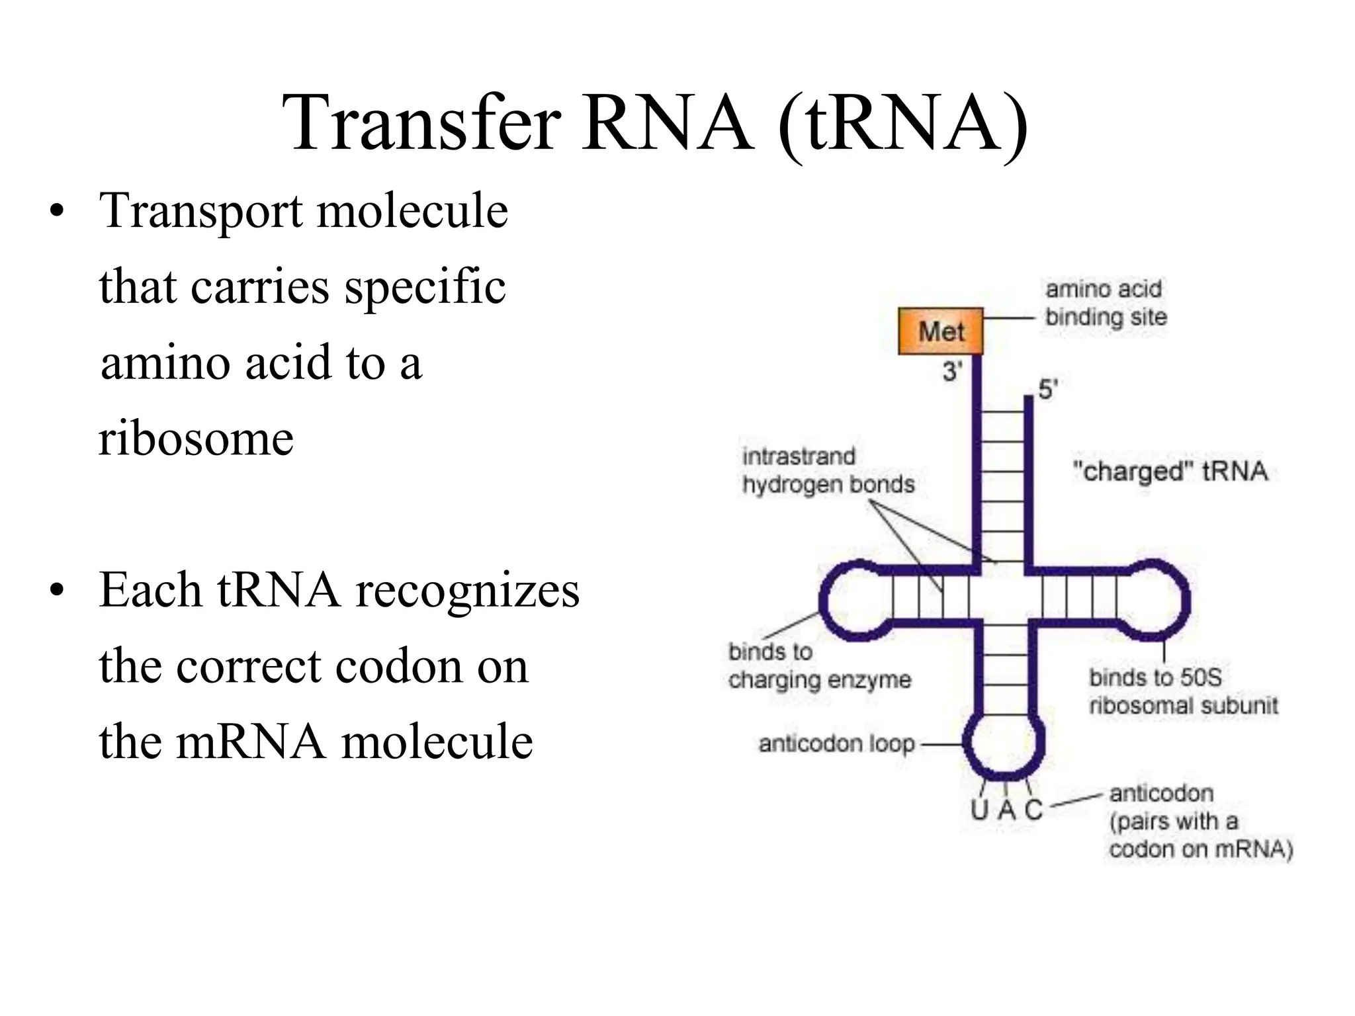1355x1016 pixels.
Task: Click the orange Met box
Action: click(940, 331)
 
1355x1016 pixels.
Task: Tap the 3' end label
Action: click(953, 371)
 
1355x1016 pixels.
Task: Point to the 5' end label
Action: click(1047, 390)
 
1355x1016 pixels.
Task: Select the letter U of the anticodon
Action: click(980, 810)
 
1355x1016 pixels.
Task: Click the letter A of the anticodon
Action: click(1006, 810)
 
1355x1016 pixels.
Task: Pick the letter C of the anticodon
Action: click(1033, 810)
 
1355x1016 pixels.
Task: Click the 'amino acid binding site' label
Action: click(1105, 303)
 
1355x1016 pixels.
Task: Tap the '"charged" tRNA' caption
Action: click(1170, 472)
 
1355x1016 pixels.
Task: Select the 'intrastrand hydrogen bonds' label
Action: click(828, 470)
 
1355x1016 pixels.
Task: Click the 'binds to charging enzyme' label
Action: click(819, 665)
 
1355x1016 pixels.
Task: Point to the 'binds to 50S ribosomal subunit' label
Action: click(1183, 691)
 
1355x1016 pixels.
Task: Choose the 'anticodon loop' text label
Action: click(836, 744)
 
